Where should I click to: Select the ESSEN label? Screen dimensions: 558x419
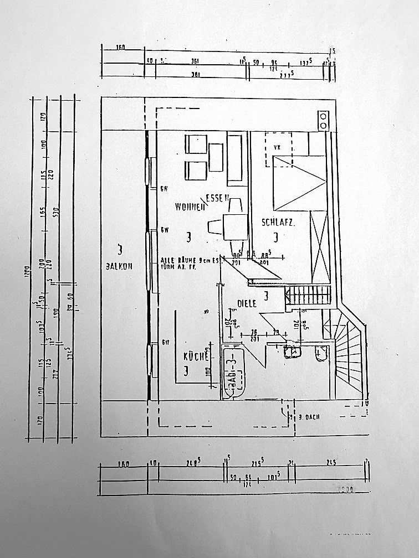(x=217, y=198)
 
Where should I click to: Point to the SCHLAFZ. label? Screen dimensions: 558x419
(x=277, y=223)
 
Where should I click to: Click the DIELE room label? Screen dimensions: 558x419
(x=246, y=303)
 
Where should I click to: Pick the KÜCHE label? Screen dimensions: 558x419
(x=196, y=357)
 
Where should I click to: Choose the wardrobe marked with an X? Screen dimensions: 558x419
(x=320, y=237)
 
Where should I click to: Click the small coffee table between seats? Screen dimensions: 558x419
(x=216, y=157)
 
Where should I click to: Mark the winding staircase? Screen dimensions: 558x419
(x=348, y=354)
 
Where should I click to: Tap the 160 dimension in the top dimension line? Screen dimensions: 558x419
(x=121, y=48)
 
